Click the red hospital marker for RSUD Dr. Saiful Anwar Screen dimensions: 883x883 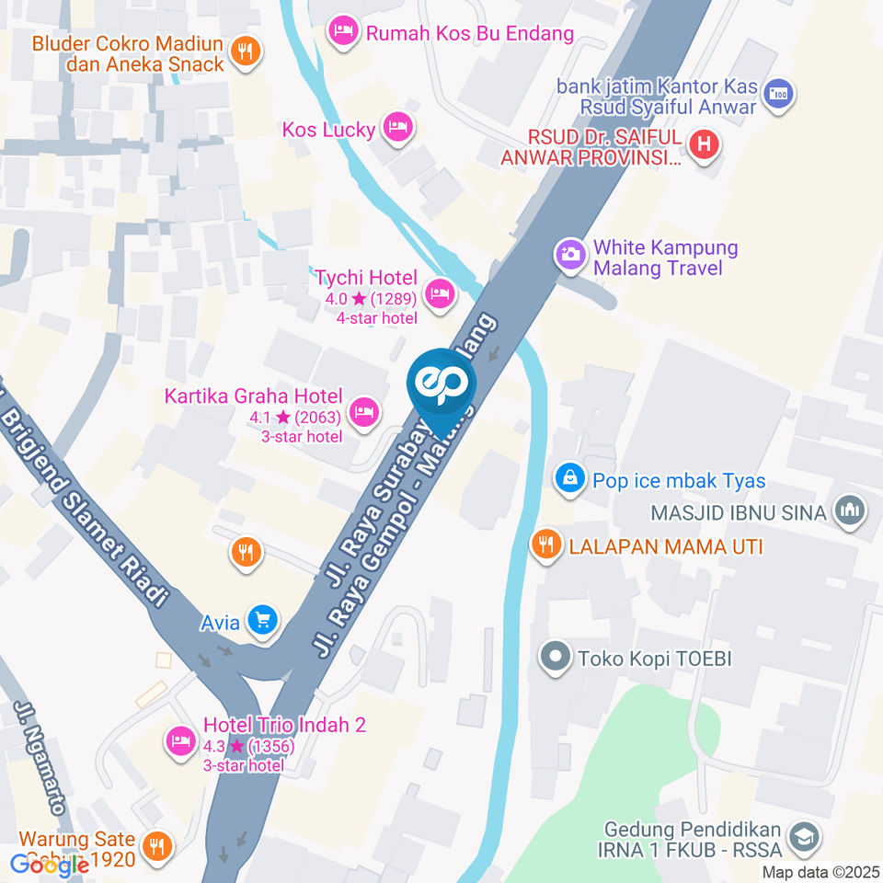click(x=705, y=144)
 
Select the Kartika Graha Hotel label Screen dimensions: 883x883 click(x=253, y=397)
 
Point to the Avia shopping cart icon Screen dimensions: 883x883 click(x=263, y=621)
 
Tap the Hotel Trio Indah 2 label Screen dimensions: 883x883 click(x=284, y=726)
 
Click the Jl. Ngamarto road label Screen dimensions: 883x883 click(x=41, y=758)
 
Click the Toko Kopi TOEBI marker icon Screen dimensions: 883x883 click(x=555, y=659)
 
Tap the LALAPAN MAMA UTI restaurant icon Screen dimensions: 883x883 click(x=546, y=545)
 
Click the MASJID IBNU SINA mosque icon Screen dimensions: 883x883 click(x=847, y=511)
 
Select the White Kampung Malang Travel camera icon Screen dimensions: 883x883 click(x=570, y=255)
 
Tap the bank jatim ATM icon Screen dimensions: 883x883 click(x=779, y=94)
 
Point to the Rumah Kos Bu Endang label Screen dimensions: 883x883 click(x=469, y=34)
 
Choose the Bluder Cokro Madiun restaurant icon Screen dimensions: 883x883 click(x=245, y=51)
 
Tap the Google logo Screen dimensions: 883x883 click(x=49, y=865)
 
